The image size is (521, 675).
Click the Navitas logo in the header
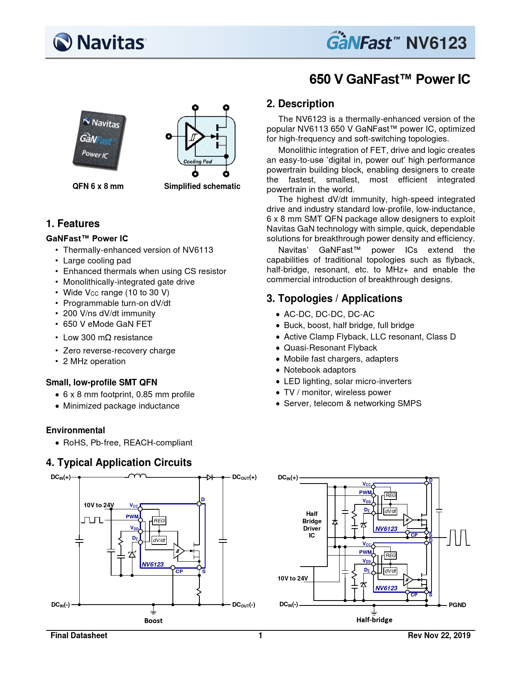[99, 42]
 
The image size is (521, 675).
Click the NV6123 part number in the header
[436, 43]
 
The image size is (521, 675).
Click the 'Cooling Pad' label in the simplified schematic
[197, 162]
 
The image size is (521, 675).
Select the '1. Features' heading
[73, 223]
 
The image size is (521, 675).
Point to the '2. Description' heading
[300, 103]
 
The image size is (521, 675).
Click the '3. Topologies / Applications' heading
[334, 298]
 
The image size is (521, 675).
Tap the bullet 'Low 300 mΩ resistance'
[107, 337]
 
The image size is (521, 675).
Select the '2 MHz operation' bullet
[94, 361]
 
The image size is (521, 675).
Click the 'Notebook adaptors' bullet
[320, 370]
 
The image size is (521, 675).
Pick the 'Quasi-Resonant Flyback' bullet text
[330, 348]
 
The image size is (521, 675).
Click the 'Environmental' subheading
[75, 430]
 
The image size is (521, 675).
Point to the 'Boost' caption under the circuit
[153, 621]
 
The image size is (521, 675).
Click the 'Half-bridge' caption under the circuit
[374, 620]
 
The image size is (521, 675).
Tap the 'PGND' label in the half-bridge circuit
[457, 605]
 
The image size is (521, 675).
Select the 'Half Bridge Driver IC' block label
[312, 524]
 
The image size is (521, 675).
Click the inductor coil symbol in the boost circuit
[137, 476]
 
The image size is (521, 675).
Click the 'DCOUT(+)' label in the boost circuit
[244, 477]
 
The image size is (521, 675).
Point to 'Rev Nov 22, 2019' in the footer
[439, 635]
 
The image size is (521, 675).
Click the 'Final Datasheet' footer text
[79, 635]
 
